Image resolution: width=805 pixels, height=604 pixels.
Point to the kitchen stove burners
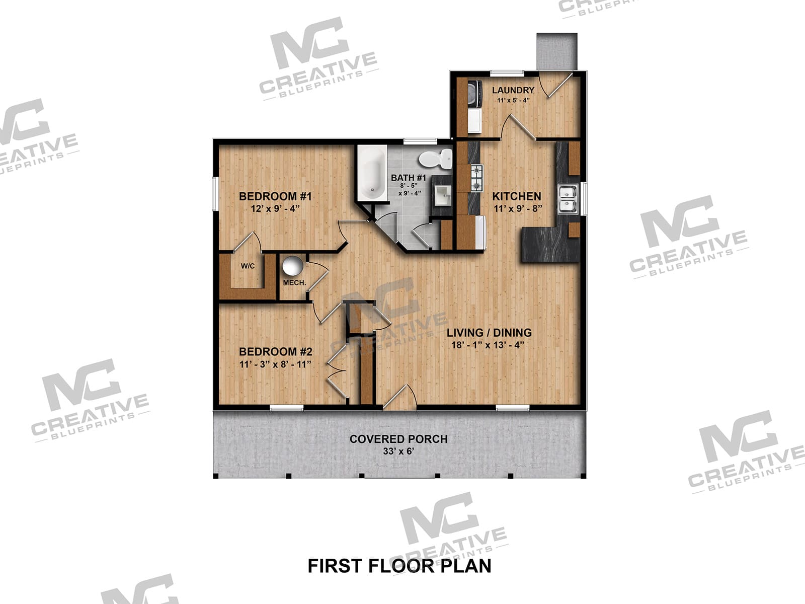(476, 178)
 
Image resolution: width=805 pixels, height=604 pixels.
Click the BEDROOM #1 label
(275, 196)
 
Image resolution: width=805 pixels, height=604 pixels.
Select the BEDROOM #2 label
(276, 352)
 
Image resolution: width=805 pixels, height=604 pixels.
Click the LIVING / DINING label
(489, 333)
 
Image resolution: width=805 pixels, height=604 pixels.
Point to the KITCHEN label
(516, 196)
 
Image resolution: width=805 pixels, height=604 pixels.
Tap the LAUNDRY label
(513, 90)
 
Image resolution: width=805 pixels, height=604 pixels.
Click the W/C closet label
(248, 266)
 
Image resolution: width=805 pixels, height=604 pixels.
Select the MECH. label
(294, 283)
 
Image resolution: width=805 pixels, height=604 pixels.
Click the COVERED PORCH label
(398, 439)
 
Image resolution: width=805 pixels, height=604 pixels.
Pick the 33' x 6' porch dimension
(398, 451)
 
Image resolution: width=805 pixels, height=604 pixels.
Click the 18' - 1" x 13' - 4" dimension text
(488, 345)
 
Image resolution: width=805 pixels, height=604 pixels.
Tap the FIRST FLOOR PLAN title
(399, 566)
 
